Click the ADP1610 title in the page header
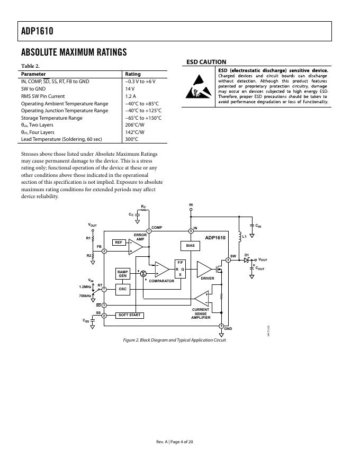point(38,31)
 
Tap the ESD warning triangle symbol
point(198,91)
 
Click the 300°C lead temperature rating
point(131,139)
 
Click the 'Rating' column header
point(132,74)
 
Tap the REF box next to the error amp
point(119,242)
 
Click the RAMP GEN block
point(122,274)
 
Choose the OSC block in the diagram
point(122,290)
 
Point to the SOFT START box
point(130,315)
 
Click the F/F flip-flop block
point(180,269)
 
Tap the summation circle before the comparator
point(143,273)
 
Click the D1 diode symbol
point(246,260)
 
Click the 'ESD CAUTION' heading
point(206,62)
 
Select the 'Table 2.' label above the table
point(30,66)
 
